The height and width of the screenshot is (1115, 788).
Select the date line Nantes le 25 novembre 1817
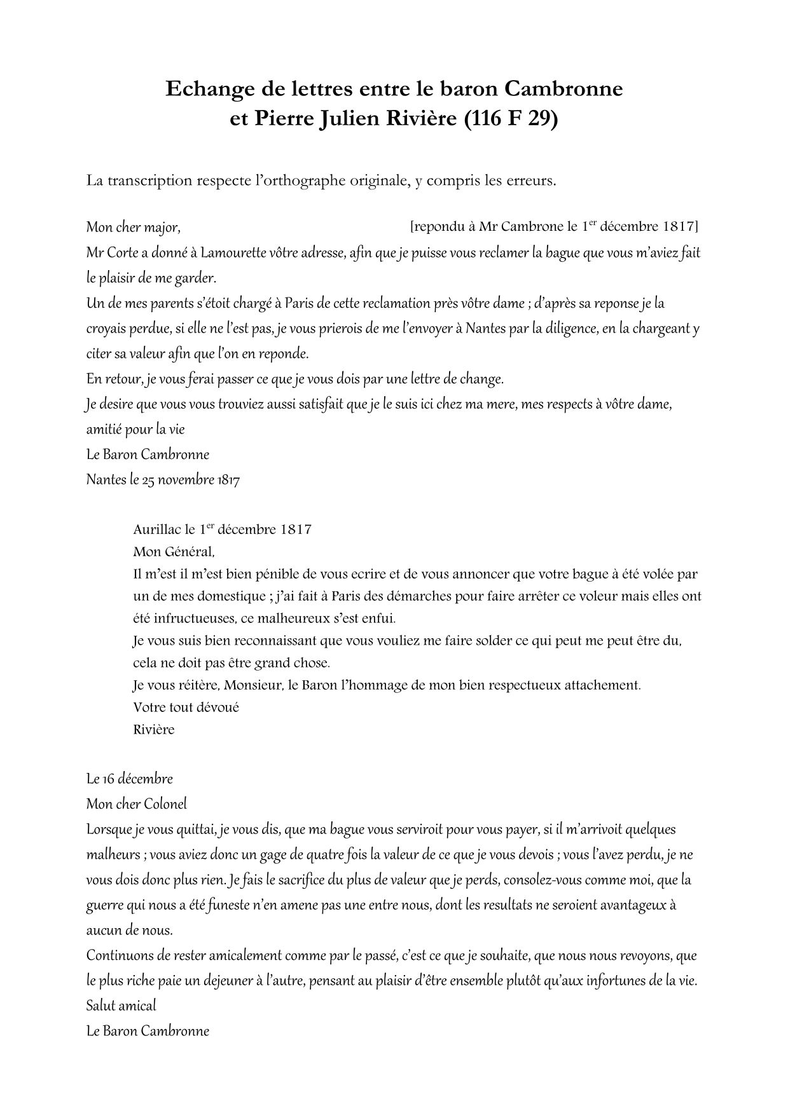coord(163,479)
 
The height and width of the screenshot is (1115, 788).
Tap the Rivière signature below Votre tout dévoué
coord(153,729)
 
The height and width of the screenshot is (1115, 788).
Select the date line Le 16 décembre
coord(130,779)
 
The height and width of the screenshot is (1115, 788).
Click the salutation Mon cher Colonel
coord(137,804)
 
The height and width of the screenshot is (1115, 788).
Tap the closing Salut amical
coord(121,1006)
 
